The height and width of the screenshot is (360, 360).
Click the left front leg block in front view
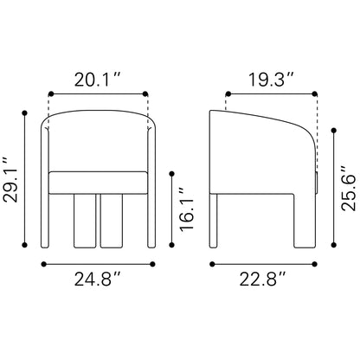(x=83, y=222)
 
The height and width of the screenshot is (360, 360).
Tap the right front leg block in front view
(x=112, y=222)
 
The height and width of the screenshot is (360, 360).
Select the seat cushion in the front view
(x=97, y=183)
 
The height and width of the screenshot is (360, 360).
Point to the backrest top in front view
(x=97, y=112)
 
